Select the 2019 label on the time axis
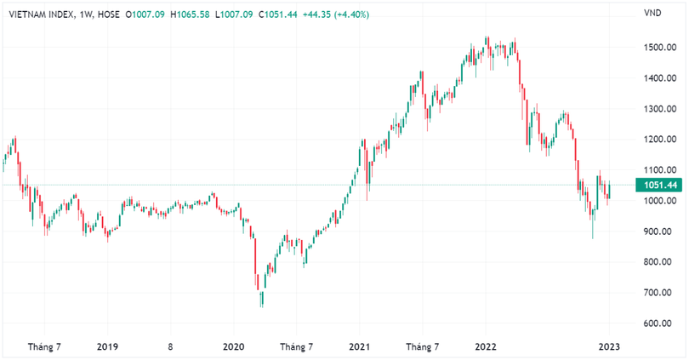tap(107, 347)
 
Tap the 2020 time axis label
tap(233, 347)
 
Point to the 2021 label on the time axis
tap(359, 347)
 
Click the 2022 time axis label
tap(486, 347)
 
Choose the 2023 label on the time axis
tap(609, 347)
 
